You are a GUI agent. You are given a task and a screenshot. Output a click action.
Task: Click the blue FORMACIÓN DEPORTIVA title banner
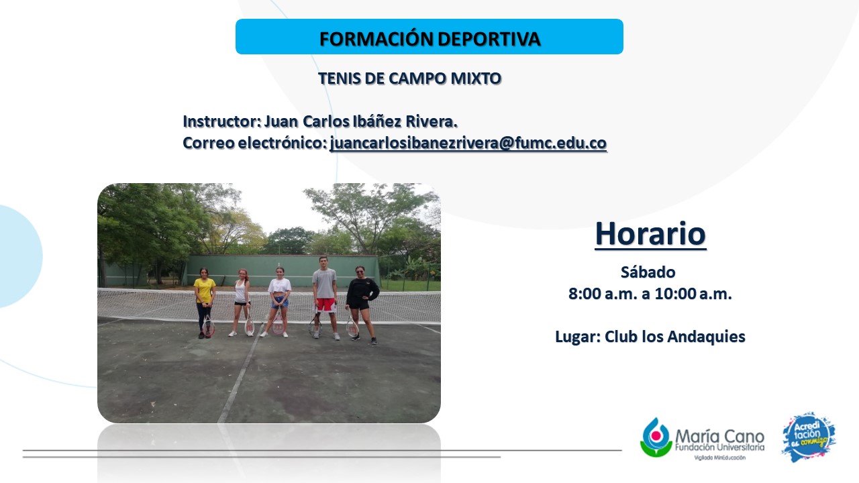429,36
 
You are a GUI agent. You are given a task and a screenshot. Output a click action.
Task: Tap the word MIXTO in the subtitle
476,78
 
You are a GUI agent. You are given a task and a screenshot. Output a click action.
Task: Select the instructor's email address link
468,143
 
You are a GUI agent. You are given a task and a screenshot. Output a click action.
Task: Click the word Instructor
222,121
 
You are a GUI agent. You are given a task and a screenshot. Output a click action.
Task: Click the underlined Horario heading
650,234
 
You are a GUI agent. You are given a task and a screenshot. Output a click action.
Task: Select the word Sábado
648,272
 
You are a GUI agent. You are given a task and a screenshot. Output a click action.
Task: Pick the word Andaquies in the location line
707,337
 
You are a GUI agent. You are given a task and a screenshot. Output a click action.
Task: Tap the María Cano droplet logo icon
656,437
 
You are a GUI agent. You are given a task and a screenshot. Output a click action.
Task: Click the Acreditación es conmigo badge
809,437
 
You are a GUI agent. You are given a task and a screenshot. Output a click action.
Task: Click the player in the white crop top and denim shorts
279,302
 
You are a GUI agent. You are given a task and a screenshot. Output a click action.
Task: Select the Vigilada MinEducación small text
720,458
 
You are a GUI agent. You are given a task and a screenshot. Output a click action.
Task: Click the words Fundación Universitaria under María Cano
720,447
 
